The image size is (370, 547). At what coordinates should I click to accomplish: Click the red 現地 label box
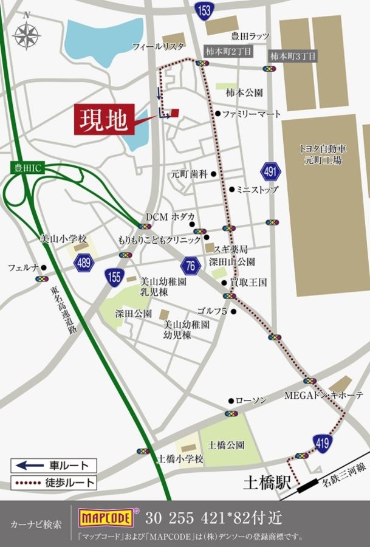tap(103, 119)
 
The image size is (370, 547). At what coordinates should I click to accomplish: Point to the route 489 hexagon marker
tap(84, 263)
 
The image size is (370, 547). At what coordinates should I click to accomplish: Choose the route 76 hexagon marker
tap(190, 265)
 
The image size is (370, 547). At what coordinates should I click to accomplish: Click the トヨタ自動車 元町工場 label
tap(323, 154)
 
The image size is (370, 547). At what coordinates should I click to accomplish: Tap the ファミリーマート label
tap(250, 114)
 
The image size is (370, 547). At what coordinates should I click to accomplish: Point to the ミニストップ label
tap(257, 190)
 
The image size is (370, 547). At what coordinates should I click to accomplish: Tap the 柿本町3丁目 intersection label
tap(293, 56)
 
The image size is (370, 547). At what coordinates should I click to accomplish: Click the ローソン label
tap(251, 400)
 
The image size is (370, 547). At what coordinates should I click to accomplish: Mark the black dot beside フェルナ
tap(44, 267)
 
